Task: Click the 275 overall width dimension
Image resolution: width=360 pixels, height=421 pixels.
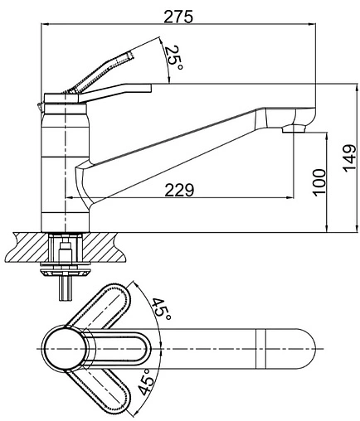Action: [x=178, y=17]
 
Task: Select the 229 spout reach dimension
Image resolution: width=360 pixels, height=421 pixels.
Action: [x=179, y=190]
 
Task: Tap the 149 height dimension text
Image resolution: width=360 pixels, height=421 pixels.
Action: [x=349, y=157]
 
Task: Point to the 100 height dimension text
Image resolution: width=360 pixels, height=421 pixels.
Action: [x=319, y=182]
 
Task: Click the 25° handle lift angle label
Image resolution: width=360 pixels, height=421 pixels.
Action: [x=173, y=57]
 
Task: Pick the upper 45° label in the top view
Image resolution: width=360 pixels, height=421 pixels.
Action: [x=160, y=308]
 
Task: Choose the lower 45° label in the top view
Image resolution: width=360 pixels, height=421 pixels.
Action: [x=147, y=382]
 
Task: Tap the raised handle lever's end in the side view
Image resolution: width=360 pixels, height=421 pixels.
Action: [x=130, y=54]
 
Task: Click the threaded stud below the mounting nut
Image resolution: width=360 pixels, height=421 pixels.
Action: [x=66, y=288]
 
